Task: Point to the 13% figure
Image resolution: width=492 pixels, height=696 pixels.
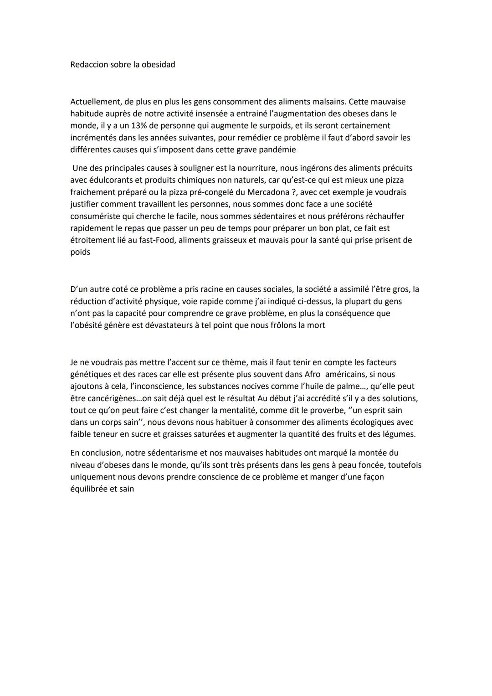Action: pos(133,125)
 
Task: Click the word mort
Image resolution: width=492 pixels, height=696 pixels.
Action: pos(317,325)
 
